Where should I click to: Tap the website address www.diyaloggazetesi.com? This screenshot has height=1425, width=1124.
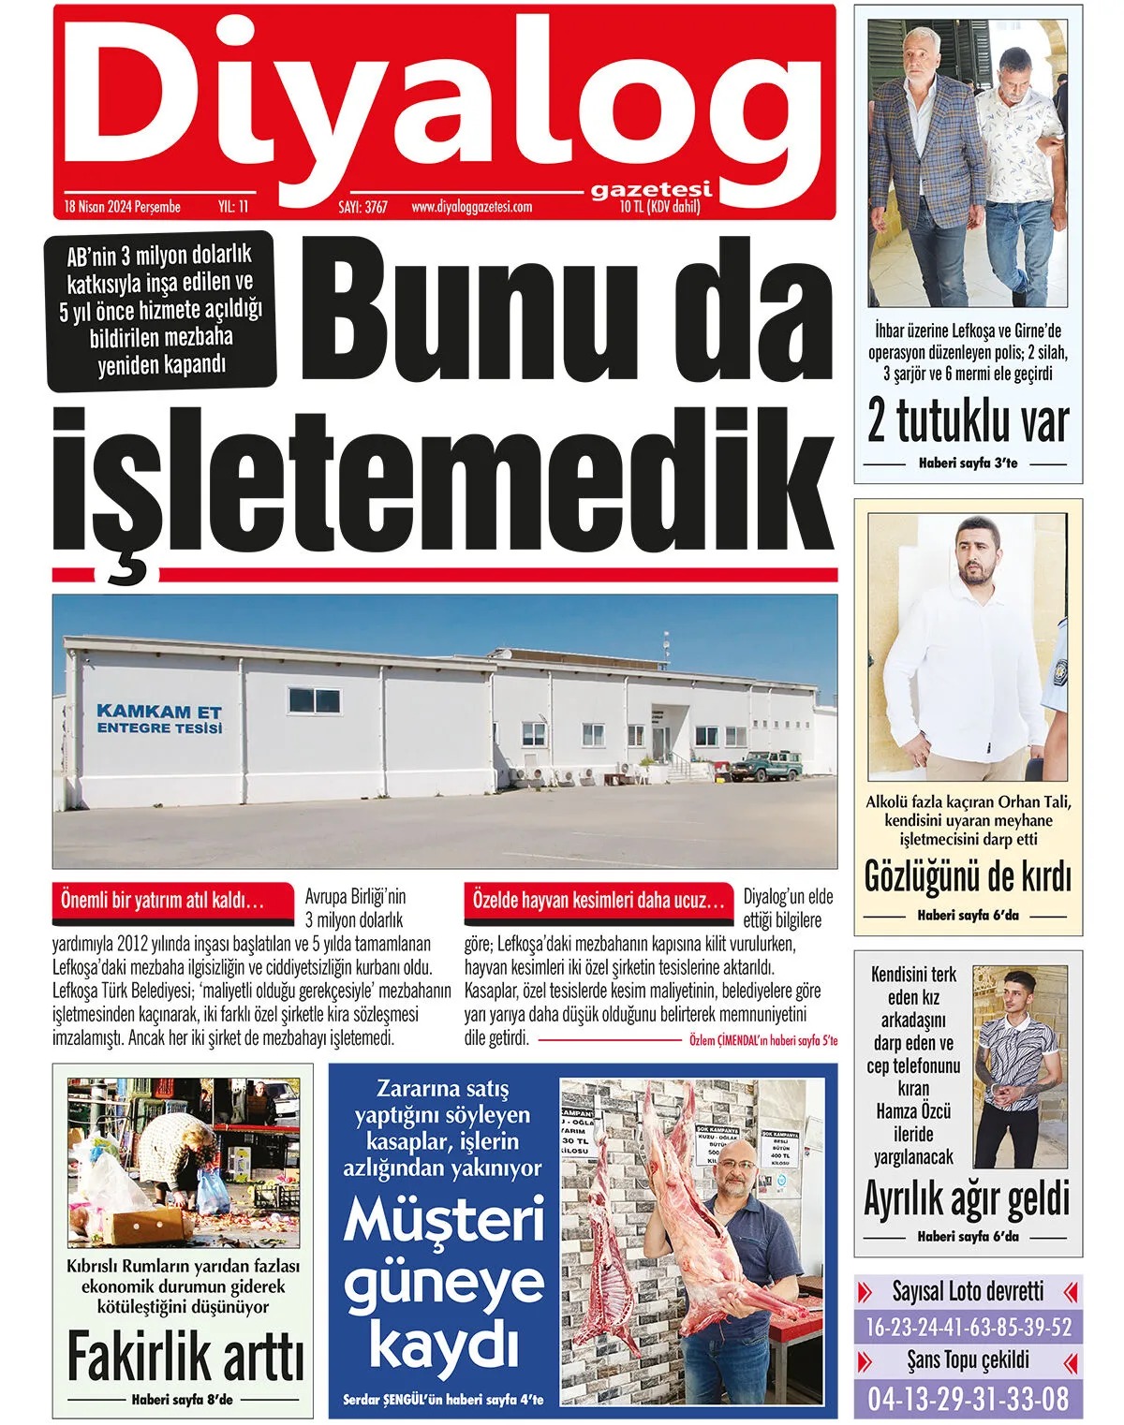[471, 207]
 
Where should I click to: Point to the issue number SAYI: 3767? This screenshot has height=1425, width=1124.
[362, 207]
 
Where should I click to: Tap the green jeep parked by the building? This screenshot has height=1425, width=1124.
[765, 765]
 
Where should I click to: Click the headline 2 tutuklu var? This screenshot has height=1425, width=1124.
[968, 422]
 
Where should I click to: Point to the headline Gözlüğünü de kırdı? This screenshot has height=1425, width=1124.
[968, 877]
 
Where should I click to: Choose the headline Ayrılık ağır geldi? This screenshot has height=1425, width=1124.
[967, 1198]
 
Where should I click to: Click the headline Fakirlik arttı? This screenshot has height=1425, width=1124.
[185, 1358]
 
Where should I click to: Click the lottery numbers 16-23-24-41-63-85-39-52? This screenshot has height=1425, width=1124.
[969, 1327]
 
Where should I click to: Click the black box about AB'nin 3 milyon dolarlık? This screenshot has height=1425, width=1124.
[162, 310]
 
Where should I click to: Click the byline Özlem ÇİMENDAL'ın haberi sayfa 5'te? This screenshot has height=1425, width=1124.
[763, 1040]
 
